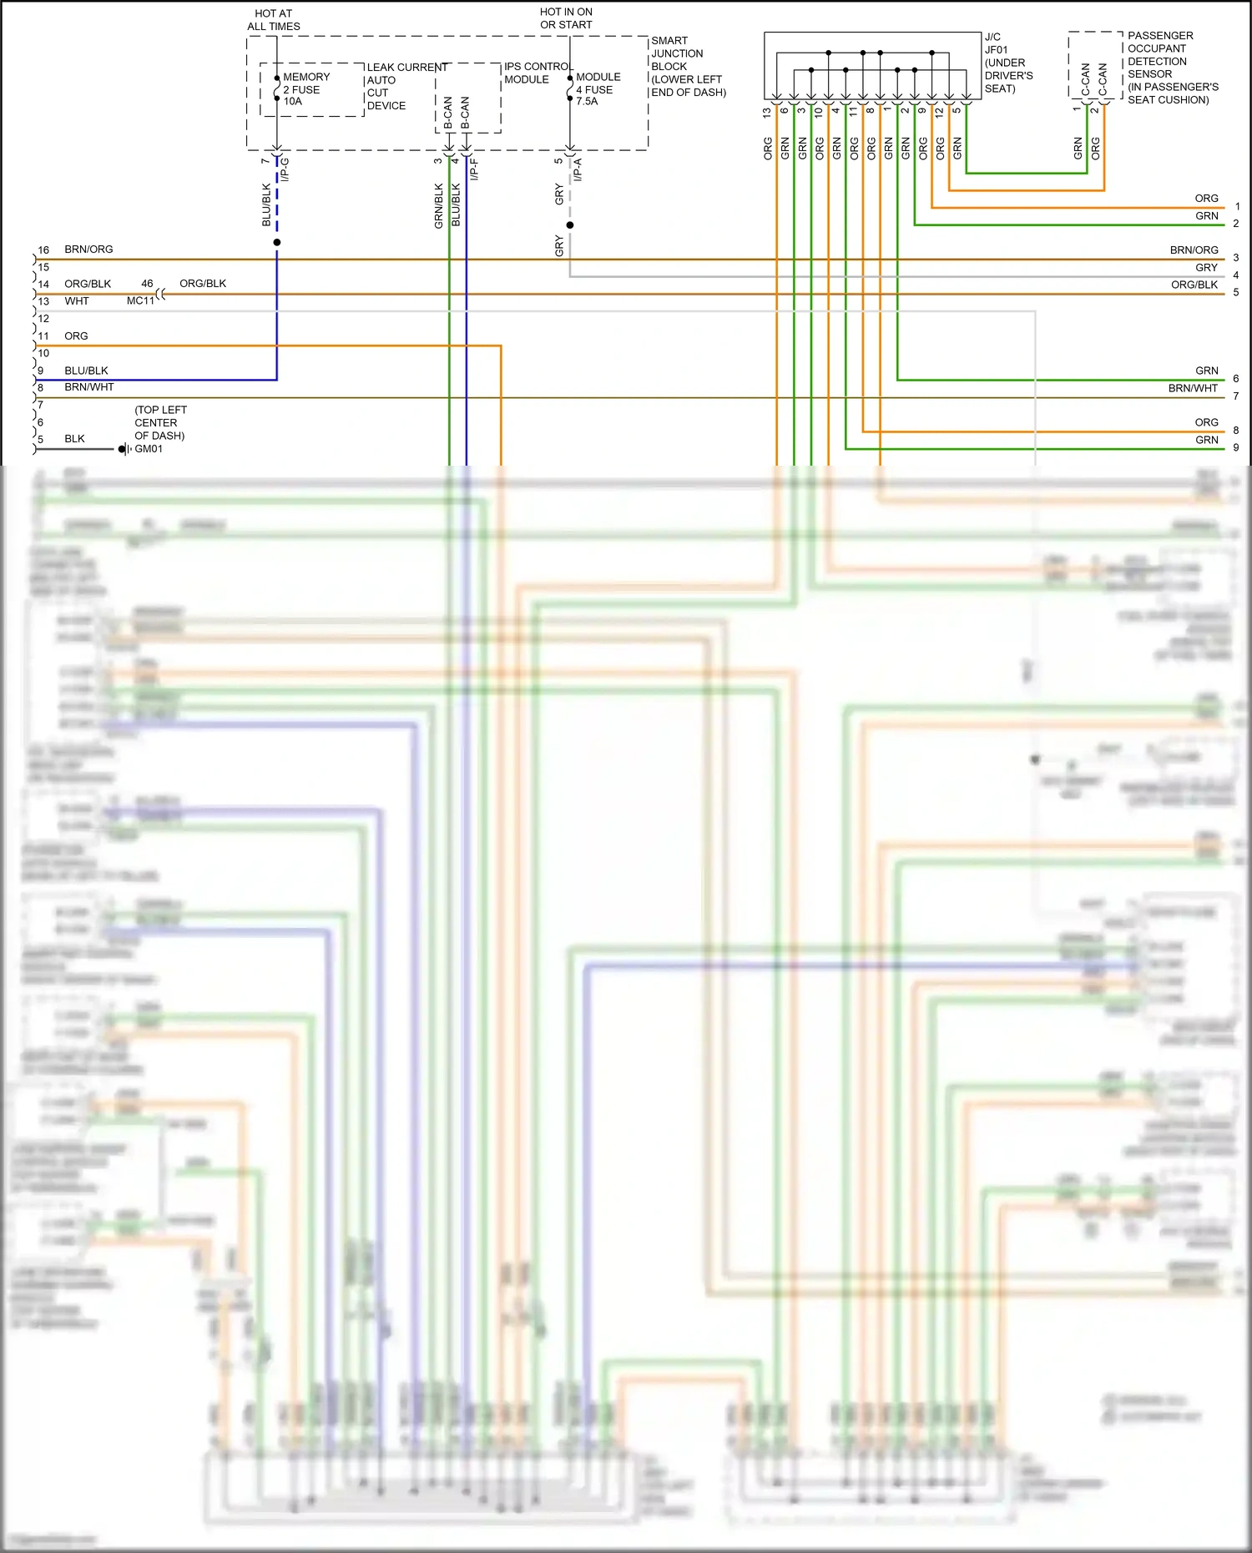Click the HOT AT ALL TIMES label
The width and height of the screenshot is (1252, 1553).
click(x=273, y=20)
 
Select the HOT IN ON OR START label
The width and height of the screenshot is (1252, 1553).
click(x=566, y=18)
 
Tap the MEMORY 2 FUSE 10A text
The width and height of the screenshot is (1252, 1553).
click(x=305, y=89)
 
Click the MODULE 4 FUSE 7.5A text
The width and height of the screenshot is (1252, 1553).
click(x=598, y=89)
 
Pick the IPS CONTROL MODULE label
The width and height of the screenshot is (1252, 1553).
click(x=538, y=73)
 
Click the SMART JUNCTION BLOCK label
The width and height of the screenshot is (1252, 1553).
click(x=688, y=66)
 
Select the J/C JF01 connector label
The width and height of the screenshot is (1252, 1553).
click(x=1008, y=63)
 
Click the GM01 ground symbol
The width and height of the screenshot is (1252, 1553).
click(x=124, y=449)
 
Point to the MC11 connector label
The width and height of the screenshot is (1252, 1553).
click(x=140, y=300)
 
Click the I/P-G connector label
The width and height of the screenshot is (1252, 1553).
click(x=285, y=169)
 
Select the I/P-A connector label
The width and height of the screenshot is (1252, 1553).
click(x=578, y=169)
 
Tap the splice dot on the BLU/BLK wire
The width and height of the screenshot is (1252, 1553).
click(x=277, y=243)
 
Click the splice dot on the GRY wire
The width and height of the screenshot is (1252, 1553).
click(x=570, y=225)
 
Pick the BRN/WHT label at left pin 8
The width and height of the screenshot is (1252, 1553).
click(x=89, y=387)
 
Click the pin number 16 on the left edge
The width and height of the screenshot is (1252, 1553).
click(x=43, y=250)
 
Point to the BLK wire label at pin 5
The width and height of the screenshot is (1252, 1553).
click(x=74, y=439)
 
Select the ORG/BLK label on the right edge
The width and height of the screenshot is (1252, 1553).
click(x=1194, y=285)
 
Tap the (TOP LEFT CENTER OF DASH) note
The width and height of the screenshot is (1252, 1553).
click(x=160, y=423)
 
